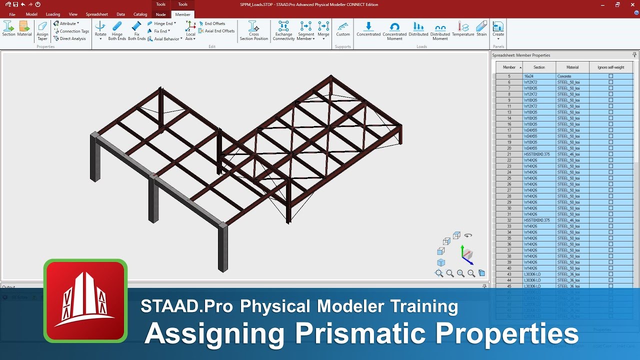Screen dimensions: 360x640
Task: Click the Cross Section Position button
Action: [x=253, y=30]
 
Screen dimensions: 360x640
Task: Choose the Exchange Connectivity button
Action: [x=283, y=30]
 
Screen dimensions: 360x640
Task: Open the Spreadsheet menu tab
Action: [x=96, y=14]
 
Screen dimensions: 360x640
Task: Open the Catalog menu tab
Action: [x=140, y=14]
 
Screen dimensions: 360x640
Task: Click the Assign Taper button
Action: [x=42, y=30]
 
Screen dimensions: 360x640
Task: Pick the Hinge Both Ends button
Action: [x=117, y=30]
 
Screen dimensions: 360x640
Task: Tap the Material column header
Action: [x=572, y=67]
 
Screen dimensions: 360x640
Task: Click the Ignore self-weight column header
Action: [x=610, y=67]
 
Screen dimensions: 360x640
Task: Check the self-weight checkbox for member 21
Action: [x=610, y=154]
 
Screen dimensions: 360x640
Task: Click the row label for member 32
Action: [x=509, y=220]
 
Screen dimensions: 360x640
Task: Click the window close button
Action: [x=631, y=4]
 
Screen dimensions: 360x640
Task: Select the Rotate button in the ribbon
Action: [x=100, y=30]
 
